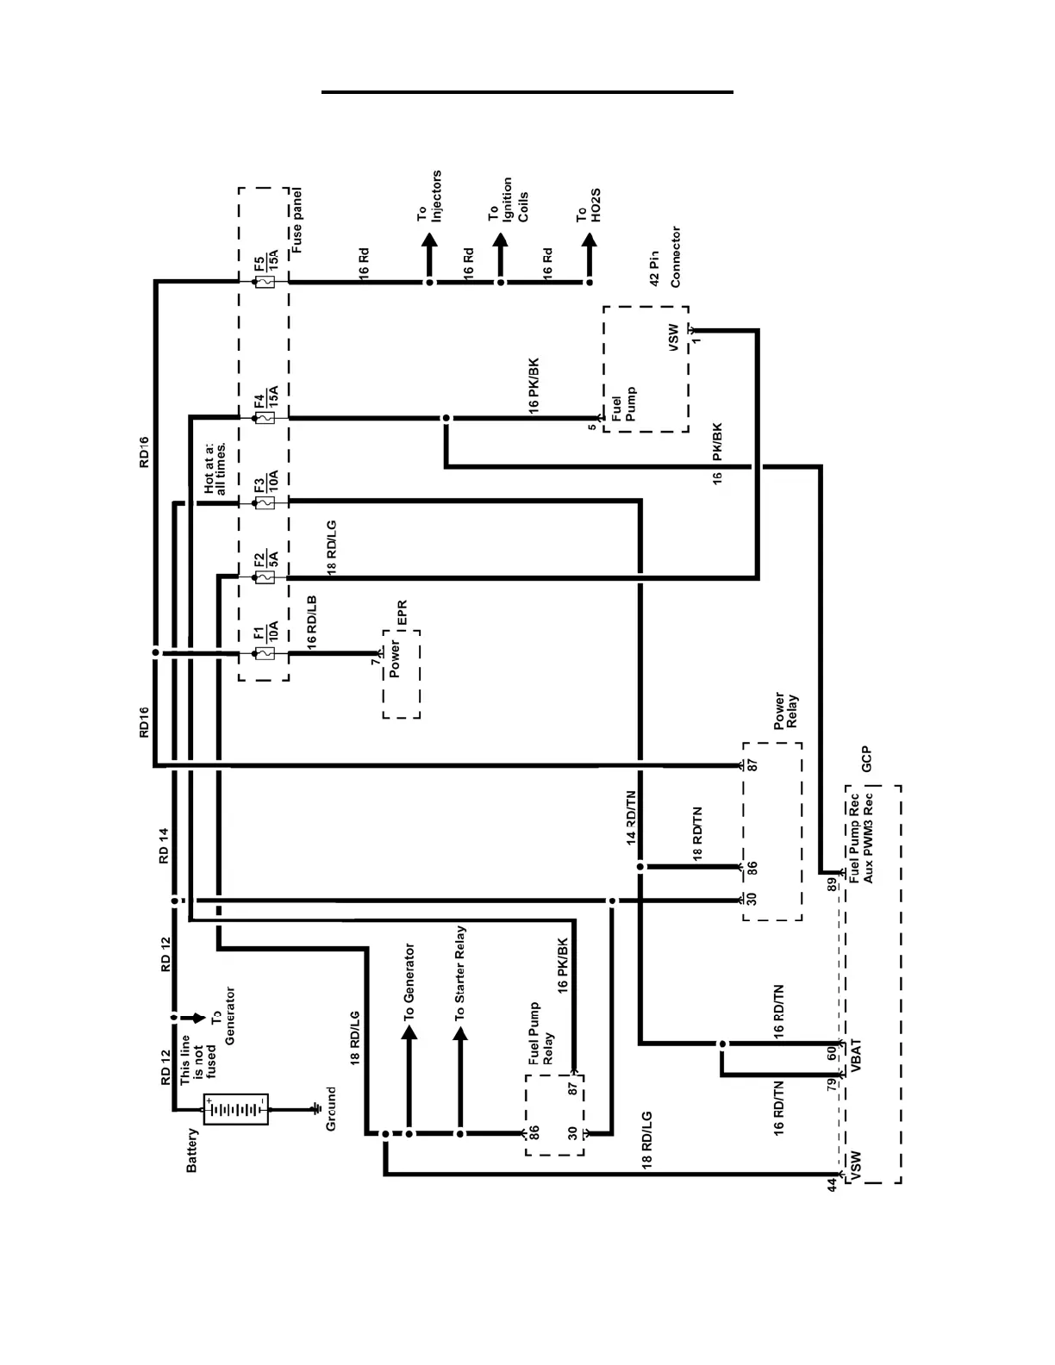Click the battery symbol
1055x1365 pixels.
[x=235, y=1110]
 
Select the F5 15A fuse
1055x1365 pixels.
[x=265, y=281]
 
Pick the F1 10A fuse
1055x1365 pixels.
[x=265, y=654]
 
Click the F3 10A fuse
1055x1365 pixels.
[x=265, y=501]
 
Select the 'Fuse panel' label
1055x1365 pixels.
[x=297, y=220]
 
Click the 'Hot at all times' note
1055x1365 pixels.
[x=215, y=469]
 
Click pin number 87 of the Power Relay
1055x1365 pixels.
[x=752, y=765]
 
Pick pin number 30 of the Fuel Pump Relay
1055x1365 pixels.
[x=573, y=1133]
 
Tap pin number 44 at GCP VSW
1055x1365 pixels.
[x=832, y=1184]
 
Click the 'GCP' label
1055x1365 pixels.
[x=867, y=758]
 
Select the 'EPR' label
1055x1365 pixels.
[x=401, y=613]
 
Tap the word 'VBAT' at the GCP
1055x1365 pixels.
[x=857, y=1056]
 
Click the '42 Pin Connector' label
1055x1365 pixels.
[x=665, y=257]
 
